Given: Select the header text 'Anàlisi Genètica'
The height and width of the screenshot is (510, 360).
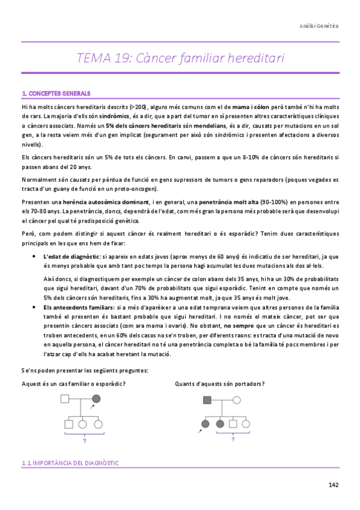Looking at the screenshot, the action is [319, 26].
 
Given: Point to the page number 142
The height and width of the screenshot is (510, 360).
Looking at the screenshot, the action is [334, 485].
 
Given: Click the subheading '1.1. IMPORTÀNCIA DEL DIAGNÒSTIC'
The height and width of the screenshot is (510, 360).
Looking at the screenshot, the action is [70, 463].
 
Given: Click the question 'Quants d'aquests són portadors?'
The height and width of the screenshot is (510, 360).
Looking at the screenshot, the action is [219, 384].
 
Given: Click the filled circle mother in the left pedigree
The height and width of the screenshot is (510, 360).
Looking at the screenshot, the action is [96, 399].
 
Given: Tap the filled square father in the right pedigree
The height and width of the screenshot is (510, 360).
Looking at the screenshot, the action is [207, 399].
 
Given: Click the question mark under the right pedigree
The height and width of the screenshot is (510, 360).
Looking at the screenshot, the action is [232, 440].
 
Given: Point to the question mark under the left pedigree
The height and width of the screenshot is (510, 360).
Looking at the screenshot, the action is [84, 441].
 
